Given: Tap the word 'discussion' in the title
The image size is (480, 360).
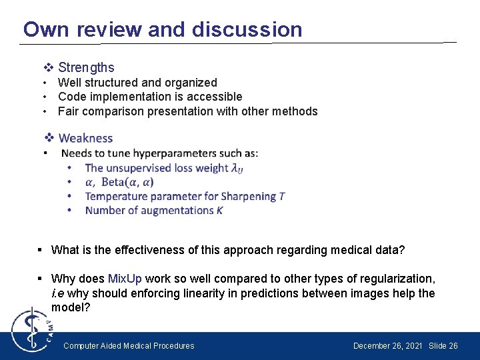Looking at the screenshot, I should (x=247, y=29).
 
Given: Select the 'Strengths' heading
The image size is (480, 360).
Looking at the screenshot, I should (x=86, y=67).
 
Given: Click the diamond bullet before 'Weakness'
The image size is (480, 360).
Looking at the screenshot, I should (x=49, y=138).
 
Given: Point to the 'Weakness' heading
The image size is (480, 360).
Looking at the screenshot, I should (x=86, y=138).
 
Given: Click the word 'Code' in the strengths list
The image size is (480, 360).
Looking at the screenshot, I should (x=71, y=97).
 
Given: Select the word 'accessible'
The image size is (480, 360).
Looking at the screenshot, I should (x=215, y=97).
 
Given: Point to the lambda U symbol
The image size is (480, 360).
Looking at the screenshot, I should (x=237, y=169).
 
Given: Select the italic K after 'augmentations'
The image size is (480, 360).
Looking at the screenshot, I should (x=219, y=210).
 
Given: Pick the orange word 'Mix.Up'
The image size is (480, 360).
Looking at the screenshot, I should (x=125, y=279).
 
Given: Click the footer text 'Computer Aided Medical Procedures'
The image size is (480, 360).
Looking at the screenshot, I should (x=129, y=346).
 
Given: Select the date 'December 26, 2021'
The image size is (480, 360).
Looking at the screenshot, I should (x=387, y=346).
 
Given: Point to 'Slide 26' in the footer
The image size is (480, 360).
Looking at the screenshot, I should (x=443, y=346).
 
